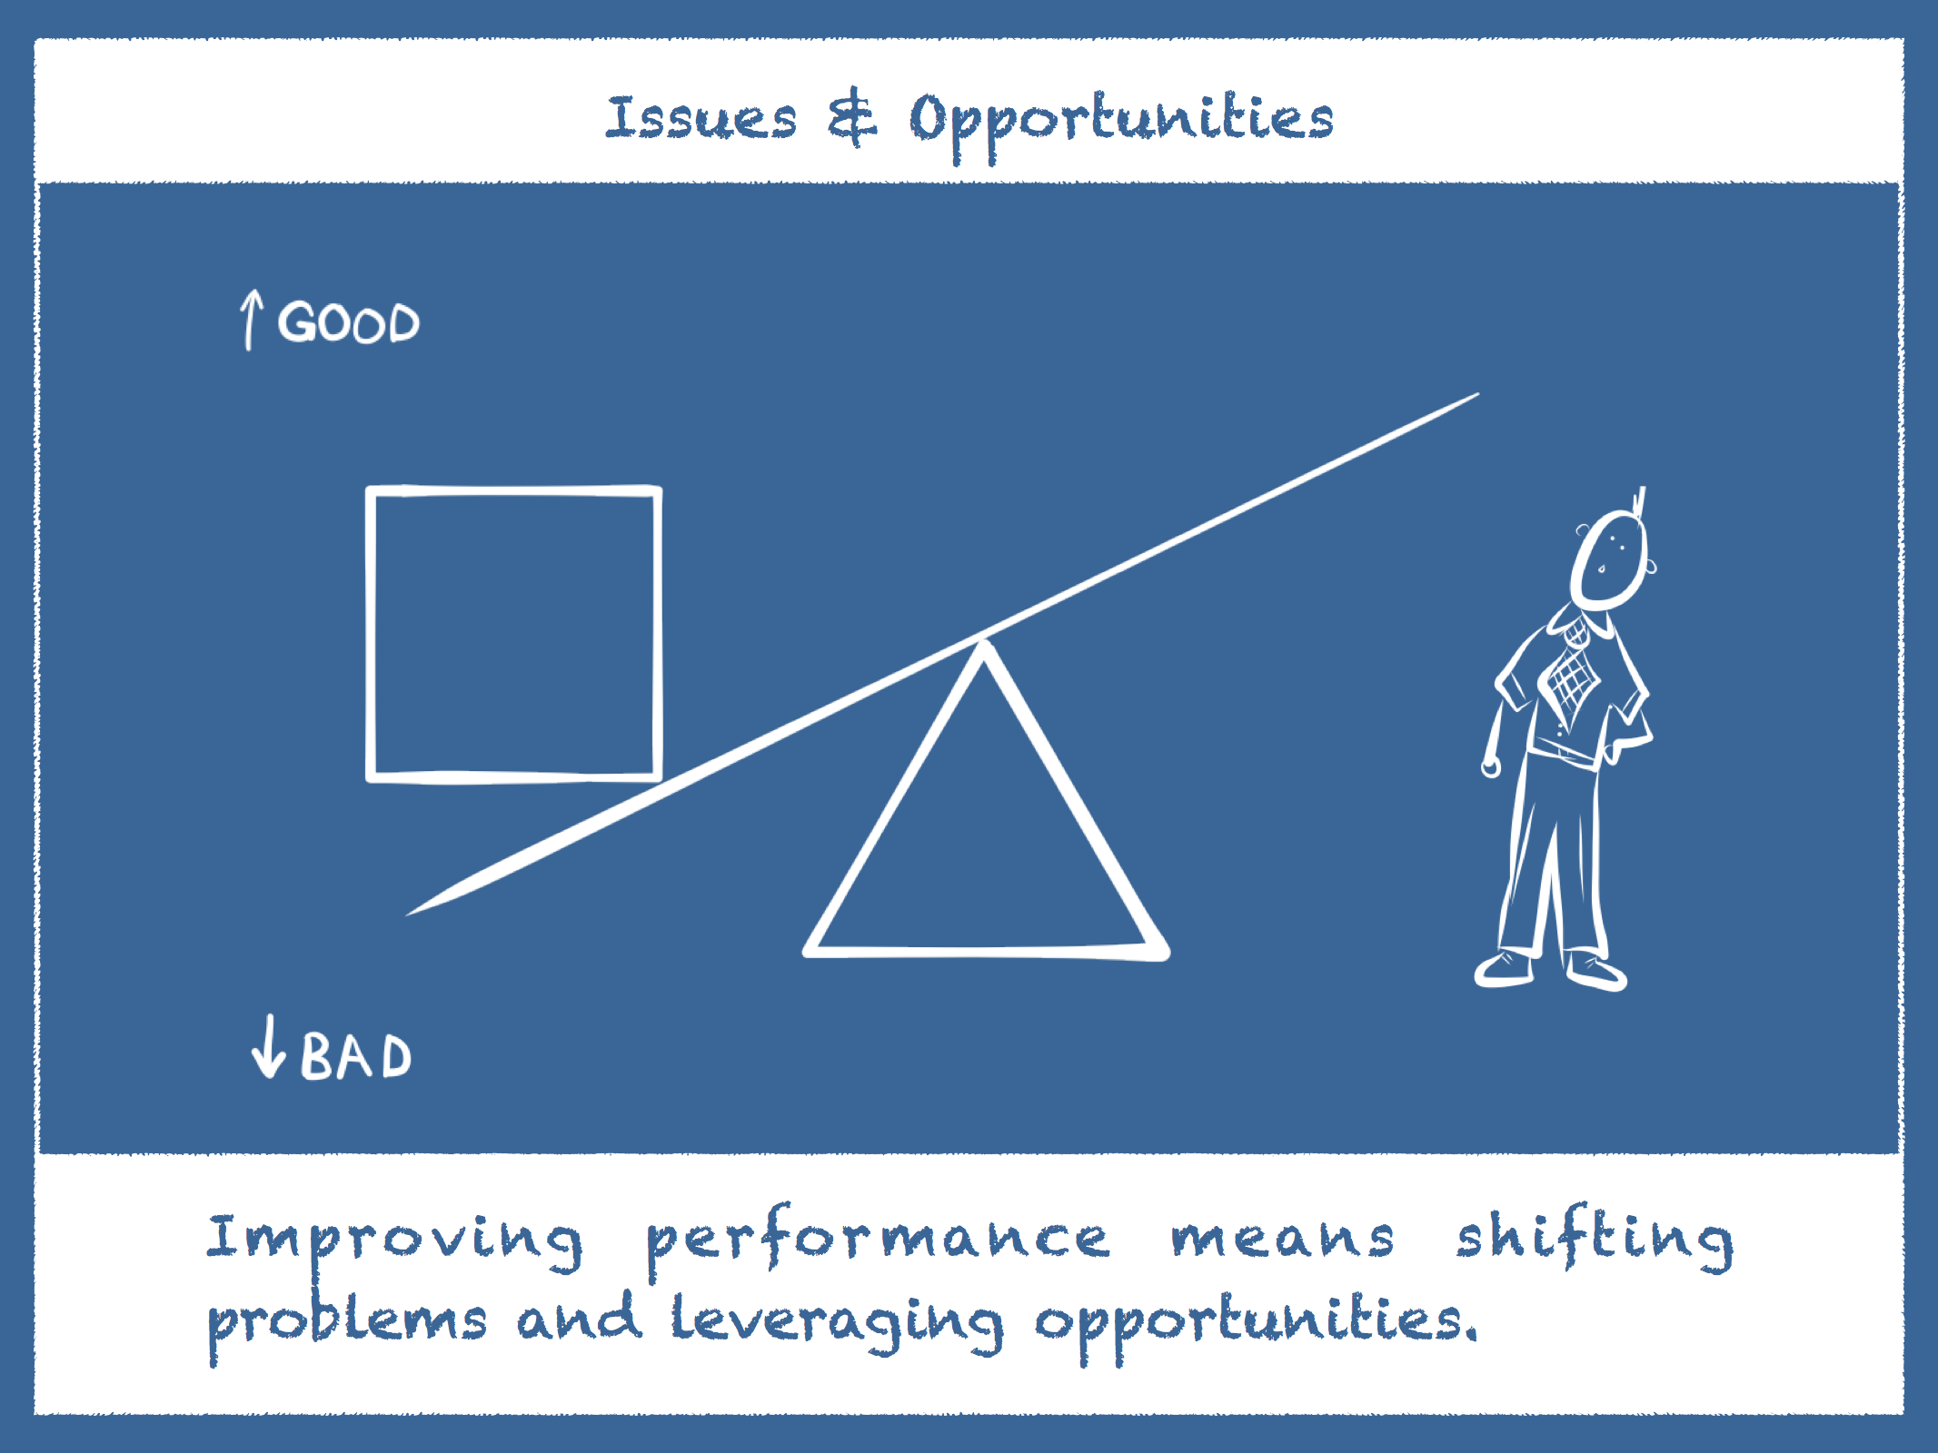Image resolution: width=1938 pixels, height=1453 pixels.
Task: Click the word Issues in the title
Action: pyautogui.click(x=701, y=118)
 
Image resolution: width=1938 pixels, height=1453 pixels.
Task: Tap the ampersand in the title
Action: pyautogui.click(x=852, y=118)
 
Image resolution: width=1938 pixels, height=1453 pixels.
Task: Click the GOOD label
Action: pyautogui.click(x=349, y=321)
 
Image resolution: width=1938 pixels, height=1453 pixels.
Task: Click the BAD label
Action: pyautogui.click(x=356, y=1055)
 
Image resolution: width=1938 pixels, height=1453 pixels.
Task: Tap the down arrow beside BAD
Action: pyautogui.click(x=268, y=1046)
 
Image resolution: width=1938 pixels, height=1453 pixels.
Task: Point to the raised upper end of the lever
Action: pyautogui.click(x=1477, y=394)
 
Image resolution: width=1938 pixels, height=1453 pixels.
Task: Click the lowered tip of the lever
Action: pyautogui.click(x=408, y=914)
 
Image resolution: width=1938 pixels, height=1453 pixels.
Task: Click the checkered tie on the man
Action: pyautogui.click(x=1573, y=672)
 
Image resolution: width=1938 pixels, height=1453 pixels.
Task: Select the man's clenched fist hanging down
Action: pyautogui.click(x=1491, y=766)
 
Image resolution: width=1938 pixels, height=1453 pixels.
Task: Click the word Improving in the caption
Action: pyautogui.click(x=394, y=1240)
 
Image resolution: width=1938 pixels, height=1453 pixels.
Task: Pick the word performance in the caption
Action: pyautogui.click(x=878, y=1240)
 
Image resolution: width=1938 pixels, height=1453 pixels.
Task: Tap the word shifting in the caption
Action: pyautogui.click(x=1595, y=1237)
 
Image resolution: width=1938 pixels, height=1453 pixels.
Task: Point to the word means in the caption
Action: pyautogui.click(x=1282, y=1240)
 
